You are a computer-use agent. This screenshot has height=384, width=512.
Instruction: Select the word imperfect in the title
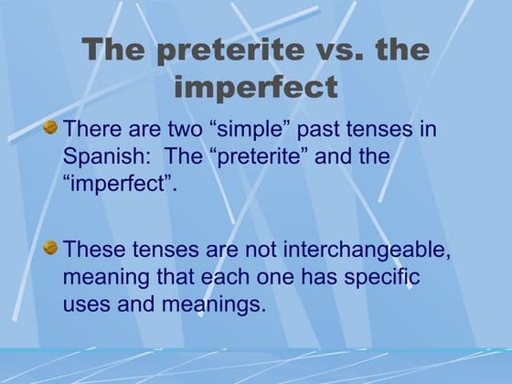(255, 88)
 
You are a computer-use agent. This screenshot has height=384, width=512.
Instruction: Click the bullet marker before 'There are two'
(51, 127)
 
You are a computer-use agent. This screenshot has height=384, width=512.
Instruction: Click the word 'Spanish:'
(103, 156)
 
